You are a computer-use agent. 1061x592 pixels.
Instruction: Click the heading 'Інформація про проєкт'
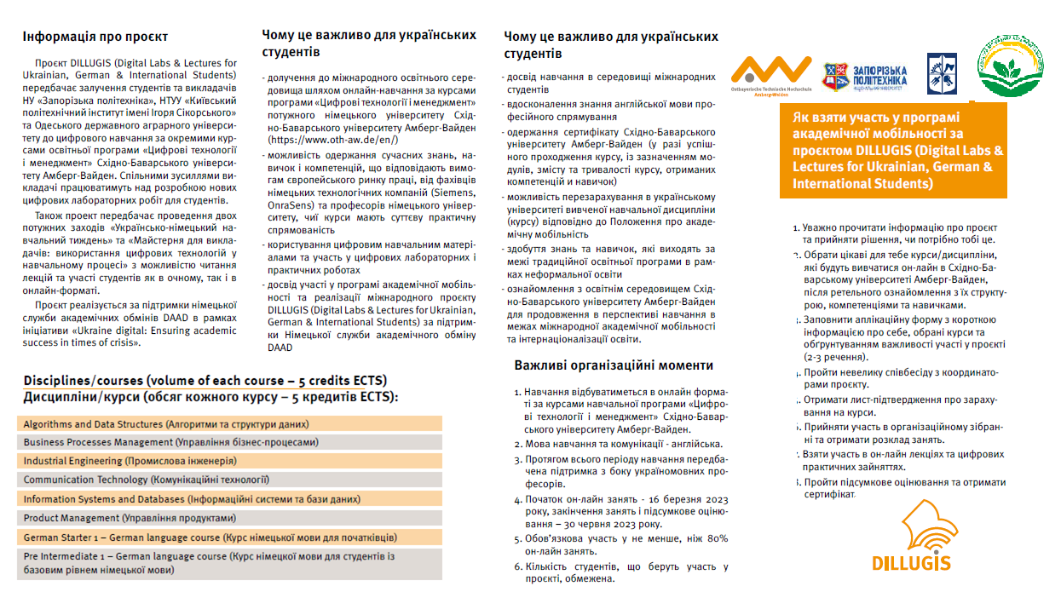[x=95, y=37]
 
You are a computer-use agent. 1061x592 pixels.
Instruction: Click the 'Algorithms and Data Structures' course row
[x=229, y=424]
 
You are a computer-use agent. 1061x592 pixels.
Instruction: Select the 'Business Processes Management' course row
[x=229, y=443]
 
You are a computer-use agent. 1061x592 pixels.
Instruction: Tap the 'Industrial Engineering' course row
[x=229, y=462]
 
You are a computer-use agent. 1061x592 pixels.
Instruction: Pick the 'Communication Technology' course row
[x=229, y=480]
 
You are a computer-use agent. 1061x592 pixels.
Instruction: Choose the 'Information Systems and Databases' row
[x=229, y=499]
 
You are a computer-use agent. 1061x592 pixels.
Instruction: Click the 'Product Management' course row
[x=229, y=518]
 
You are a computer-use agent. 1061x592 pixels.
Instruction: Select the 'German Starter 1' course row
[x=229, y=537]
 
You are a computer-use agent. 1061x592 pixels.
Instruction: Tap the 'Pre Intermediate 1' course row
[x=229, y=563]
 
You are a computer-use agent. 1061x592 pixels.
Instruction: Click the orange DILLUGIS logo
[x=912, y=536]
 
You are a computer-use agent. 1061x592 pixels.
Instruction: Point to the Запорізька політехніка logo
[x=864, y=78]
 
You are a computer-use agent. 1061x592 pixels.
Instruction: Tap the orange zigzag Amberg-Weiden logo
[x=770, y=75]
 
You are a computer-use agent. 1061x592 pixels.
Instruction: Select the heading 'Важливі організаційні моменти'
[x=614, y=365]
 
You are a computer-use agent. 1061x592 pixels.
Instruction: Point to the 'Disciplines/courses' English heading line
[x=205, y=380]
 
